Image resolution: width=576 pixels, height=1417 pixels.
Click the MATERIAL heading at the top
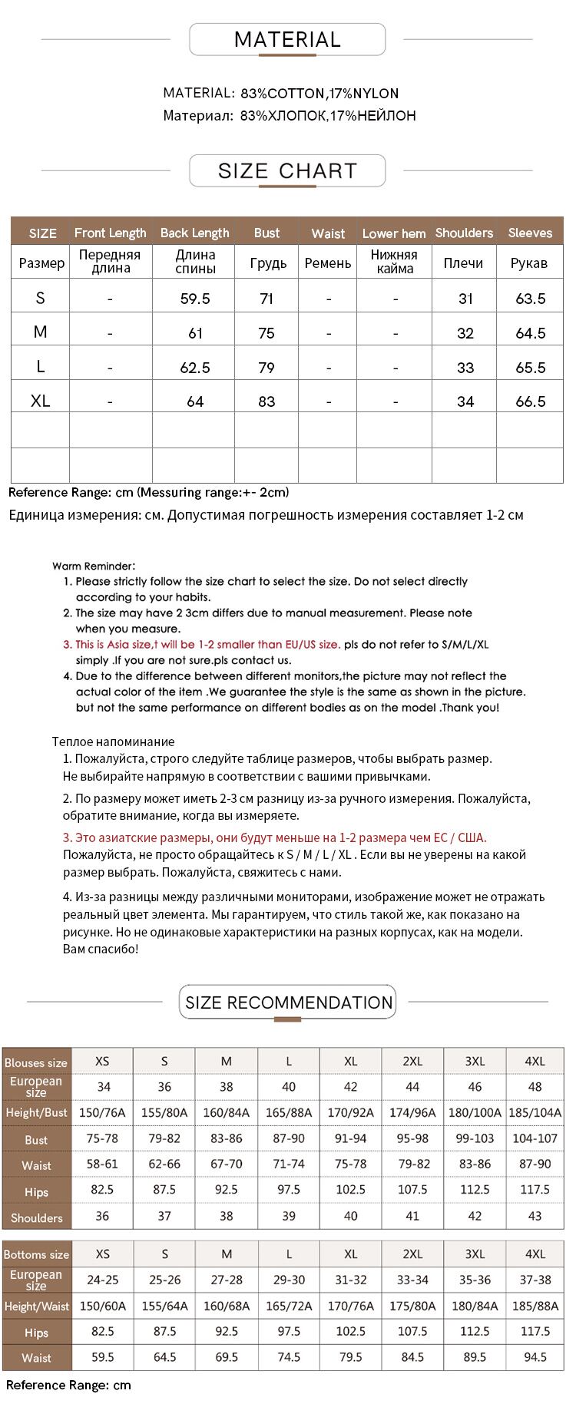[x=287, y=40]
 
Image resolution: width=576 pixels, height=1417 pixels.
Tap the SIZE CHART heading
[x=287, y=170]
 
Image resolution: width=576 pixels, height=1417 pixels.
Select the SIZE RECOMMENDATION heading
[x=288, y=1002]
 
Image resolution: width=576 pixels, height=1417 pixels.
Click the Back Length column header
[x=194, y=233]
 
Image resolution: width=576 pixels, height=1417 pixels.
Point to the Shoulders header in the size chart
[x=464, y=233]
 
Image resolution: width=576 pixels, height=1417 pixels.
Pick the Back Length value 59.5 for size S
[x=195, y=299]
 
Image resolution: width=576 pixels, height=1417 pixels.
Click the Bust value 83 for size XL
[x=266, y=401]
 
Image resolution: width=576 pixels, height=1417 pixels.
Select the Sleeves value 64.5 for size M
[x=530, y=333]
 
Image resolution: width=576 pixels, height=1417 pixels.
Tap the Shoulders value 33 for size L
[x=465, y=368]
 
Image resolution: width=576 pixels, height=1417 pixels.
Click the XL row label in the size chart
[x=41, y=401]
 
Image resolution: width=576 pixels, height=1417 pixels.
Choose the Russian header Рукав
[x=529, y=263]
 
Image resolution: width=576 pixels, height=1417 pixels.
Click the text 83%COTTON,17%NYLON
[x=319, y=94]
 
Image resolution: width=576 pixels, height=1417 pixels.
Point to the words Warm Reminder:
[x=94, y=566]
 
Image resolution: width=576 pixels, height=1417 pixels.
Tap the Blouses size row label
[x=36, y=1063]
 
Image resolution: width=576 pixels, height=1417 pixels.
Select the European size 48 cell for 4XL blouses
[x=535, y=1087]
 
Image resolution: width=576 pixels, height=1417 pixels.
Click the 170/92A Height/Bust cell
[x=350, y=1112]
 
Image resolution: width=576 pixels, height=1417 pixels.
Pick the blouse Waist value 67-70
[x=227, y=1164]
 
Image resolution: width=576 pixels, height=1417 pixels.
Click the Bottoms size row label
[x=36, y=1254]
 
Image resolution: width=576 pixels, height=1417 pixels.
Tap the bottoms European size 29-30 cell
[x=289, y=1280]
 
